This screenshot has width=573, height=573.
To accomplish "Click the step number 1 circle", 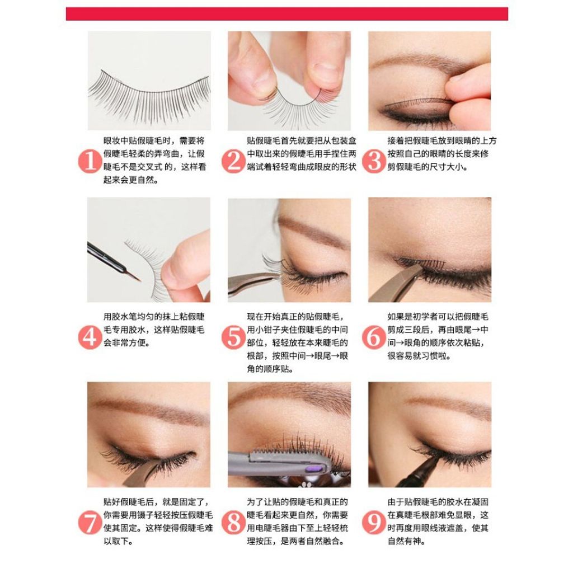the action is point(90,161).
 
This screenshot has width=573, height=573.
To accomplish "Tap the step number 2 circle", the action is point(233,161).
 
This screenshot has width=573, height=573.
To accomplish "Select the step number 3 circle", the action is point(374,161).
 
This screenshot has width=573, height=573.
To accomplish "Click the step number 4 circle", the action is point(90,337).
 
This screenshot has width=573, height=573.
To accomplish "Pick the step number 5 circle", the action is point(233,337).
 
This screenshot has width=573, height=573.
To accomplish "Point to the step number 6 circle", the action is point(374,337).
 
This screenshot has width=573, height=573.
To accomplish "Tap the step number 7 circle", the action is point(90,523).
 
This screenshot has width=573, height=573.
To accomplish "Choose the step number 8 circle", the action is point(233,523).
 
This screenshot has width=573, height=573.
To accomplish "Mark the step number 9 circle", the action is point(374,523).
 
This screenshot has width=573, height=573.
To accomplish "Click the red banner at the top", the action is point(287,14).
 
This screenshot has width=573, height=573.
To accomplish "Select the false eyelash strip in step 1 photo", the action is point(149,95).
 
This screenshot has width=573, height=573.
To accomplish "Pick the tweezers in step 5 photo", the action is point(252,283).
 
